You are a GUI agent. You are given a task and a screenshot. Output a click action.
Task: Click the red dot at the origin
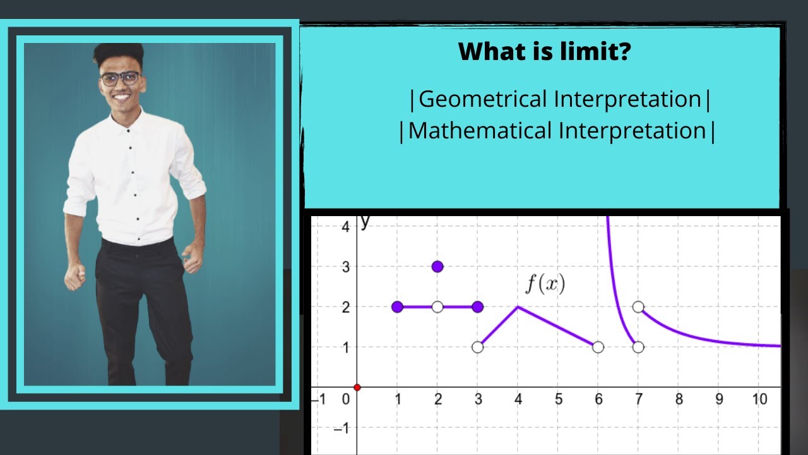pos(357,387)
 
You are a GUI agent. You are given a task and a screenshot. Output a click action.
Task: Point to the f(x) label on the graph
pos(545,284)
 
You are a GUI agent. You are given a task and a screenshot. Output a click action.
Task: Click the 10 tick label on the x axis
pos(759,399)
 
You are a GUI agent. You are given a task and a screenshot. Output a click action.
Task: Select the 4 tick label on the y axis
pos(345,226)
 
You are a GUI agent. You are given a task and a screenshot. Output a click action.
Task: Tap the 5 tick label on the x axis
pos(558,399)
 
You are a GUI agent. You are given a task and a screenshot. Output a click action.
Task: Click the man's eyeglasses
pos(120,78)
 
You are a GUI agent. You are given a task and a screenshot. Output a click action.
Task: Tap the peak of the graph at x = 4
pos(518,306)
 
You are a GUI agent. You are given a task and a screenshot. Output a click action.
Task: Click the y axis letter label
pos(365,221)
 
